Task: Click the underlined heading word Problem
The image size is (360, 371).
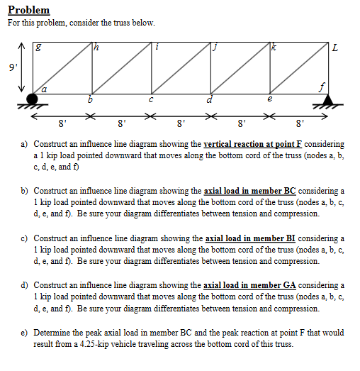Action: coord(28,10)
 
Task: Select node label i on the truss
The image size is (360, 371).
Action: coord(158,47)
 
